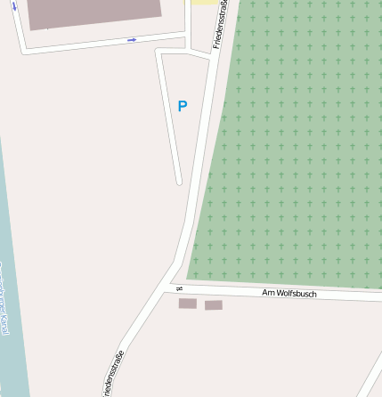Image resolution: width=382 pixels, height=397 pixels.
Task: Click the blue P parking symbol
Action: pyautogui.click(x=183, y=106)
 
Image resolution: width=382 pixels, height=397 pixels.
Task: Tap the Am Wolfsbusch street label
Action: pyautogui.click(x=289, y=293)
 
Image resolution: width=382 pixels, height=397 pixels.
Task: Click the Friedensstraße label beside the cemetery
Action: pyautogui.click(x=219, y=25)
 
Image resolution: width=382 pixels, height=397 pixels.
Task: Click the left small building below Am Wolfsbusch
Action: pyautogui.click(x=187, y=304)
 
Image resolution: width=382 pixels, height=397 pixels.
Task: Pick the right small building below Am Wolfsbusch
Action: pyautogui.click(x=214, y=305)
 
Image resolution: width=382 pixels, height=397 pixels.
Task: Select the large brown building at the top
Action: pyautogui.click(x=93, y=12)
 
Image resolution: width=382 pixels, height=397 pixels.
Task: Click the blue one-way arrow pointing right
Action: pyautogui.click(x=132, y=39)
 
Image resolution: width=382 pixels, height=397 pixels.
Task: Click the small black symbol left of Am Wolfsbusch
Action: pyautogui.click(x=179, y=288)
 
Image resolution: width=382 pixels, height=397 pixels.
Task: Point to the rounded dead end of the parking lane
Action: pyautogui.click(x=179, y=182)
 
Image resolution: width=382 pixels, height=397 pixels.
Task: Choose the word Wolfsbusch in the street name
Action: pyautogui.click(x=296, y=293)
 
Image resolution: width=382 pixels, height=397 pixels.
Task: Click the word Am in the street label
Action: pyautogui.click(x=267, y=292)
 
